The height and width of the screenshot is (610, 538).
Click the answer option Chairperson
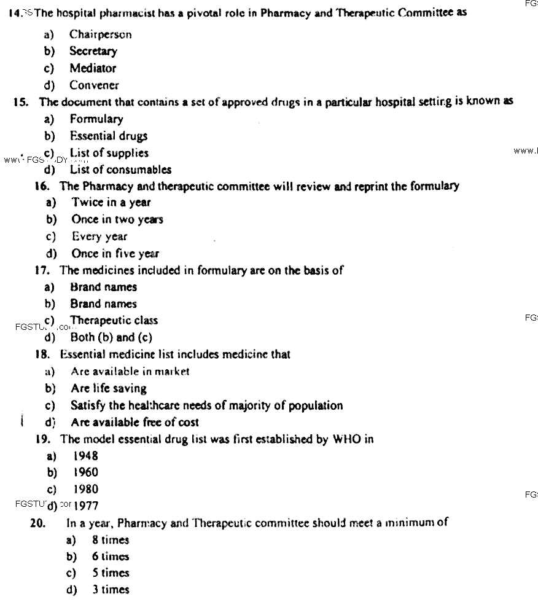(x=100, y=35)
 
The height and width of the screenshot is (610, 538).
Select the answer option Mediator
(x=92, y=68)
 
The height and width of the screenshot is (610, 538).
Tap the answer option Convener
(x=94, y=85)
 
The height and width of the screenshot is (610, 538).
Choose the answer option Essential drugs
(x=108, y=136)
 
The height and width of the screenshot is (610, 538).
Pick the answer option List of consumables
(x=120, y=170)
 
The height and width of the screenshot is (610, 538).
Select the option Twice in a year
(x=111, y=202)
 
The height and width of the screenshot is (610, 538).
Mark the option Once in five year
(x=115, y=253)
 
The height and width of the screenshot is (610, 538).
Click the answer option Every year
(x=99, y=237)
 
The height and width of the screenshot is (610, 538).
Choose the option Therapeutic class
(x=114, y=320)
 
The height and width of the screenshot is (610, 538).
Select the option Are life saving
(x=108, y=388)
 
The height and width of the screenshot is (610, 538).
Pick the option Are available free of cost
(x=134, y=422)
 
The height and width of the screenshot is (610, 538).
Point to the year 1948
(x=85, y=456)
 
